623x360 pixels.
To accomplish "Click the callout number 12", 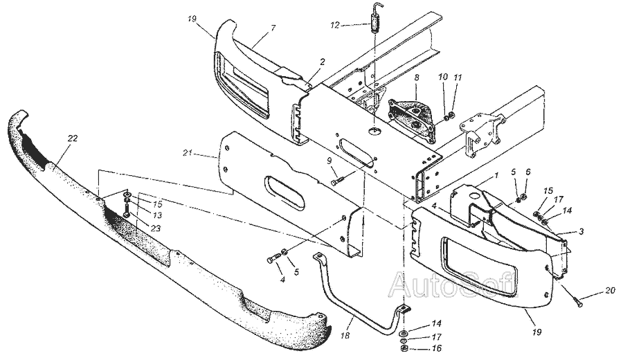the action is coord(335,26).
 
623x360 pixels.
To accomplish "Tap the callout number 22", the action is coord(73,138).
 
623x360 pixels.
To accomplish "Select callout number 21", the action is coord(188,153).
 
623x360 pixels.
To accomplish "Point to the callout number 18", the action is coord(345,336).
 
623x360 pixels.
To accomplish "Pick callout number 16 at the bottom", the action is coord(437,349).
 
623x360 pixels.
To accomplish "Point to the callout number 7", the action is coord(273,28).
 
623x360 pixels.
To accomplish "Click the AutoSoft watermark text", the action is coord(453,283).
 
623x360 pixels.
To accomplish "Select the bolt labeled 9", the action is coord(336,182).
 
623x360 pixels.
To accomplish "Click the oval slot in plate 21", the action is coord(285,192).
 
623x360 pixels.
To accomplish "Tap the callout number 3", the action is coord(581,231).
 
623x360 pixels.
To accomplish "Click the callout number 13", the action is coord(157,215).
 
